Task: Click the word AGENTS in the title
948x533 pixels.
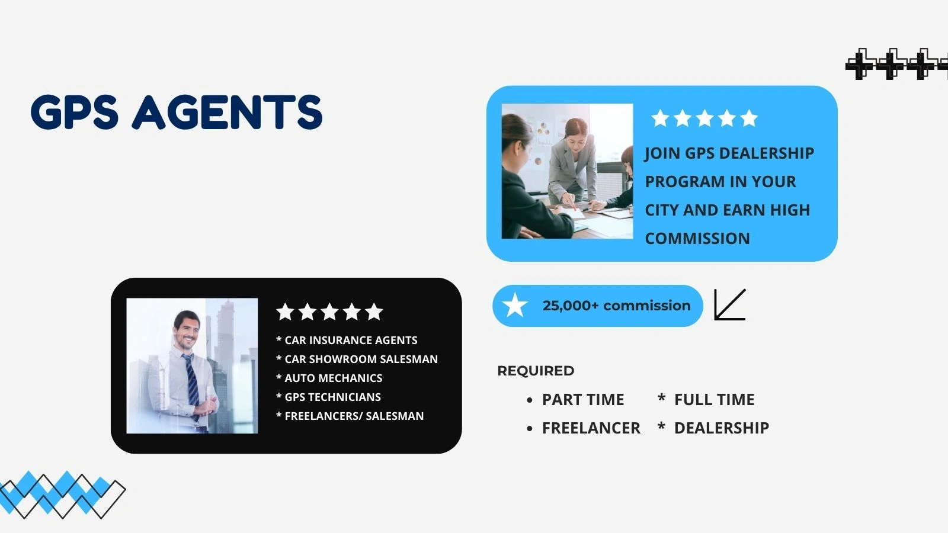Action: pyautogui.click(x=228, y=112)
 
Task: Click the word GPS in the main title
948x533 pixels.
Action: pyautogui.click(x=75, y=112)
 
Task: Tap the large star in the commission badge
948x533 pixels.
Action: pyautogui.click(x=515, y=305)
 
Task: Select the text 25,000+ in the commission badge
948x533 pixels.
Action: pyautogui.click(x=570, y=306)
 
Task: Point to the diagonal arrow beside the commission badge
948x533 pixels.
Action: pyautogui.click(x=730, y=304)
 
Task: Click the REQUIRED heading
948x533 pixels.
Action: pyautogui.click(x=536, y=371)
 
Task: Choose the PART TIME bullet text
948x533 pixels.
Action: pyautogui.click(x=583, y=399)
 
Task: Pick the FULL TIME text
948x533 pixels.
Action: pyautogui.click(x=715, y=399)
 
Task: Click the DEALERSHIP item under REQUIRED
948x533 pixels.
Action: pyautogui.click(x=722, y=428)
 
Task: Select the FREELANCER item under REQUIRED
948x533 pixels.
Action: pyautogui.click(x=591, y=428)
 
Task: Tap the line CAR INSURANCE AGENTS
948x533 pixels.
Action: pyautogui.click(x=351, y=340)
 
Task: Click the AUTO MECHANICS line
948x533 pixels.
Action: pyautogui.click(x=334, y=378)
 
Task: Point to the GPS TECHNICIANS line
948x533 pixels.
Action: pyautogui.click(x=332, y=397)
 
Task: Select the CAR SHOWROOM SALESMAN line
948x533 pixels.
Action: pyautogui.click(x=361, y=359)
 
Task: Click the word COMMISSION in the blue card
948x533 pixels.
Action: pyautogui.click(x=697, y=239)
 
